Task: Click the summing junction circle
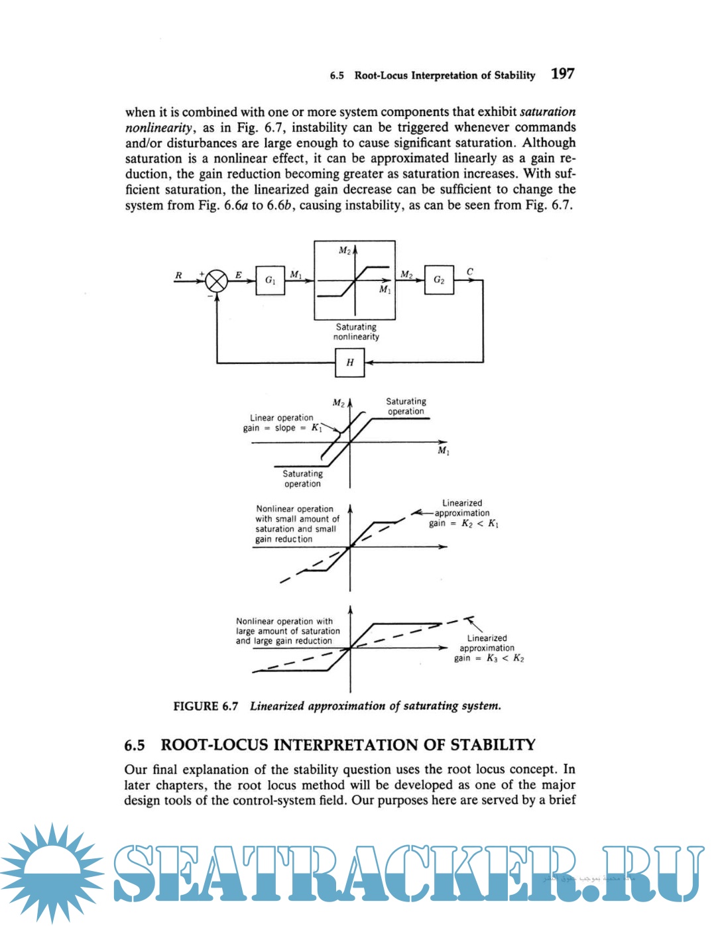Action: [x=216, y=281]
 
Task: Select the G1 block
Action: [x=270, y=280]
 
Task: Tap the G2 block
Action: [x=439, y=280]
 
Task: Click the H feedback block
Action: [x=349, y=363]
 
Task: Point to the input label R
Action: [x=178, y=275]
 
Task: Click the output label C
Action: [x=469, y=272]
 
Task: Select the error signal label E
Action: [x=238, y=274]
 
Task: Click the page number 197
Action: [x=562, y=74]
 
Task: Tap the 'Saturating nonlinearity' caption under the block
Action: [x=356, y=332]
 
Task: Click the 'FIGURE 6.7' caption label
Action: [x=206, y=707]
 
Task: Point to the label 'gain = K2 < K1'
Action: [x=463, y=524]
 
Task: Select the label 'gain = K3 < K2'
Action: [x=489, y=658]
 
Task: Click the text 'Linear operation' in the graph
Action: [x=281, y=418]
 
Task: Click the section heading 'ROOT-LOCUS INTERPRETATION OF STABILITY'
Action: [x=347, y=745]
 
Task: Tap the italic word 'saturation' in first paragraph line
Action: [x=548, y=111]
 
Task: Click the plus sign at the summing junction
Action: [x=202, y=272]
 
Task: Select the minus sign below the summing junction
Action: [x=209, y=297]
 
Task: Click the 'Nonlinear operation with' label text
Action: [x=284, y=621]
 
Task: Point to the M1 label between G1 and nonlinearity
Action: [x=296, y=274]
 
